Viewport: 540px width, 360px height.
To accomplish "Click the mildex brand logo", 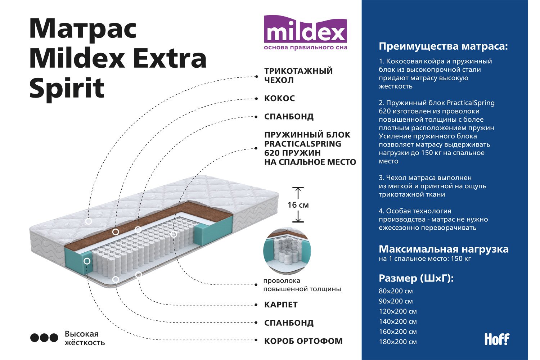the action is (305, 32).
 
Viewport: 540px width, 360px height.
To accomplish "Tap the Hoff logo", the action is (497, 339).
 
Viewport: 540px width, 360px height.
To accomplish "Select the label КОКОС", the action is (279, 98).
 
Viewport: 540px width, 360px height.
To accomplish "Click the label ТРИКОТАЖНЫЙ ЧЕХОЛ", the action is (298, 75).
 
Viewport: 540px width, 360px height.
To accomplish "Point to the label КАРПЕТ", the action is (281, 305).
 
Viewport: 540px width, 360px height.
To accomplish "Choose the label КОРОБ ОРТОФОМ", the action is (303, 341).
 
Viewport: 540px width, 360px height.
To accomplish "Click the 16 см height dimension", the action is (298, 205).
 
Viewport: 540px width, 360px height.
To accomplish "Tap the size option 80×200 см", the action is (396, 291).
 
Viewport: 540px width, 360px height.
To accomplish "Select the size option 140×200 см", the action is (398, 321).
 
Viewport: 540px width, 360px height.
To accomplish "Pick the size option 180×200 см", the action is (398, 342).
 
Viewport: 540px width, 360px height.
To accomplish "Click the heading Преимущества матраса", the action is (443, 46).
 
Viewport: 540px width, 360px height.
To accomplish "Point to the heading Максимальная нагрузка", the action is (444, 249).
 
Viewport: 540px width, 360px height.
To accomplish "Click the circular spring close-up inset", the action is (287, 251).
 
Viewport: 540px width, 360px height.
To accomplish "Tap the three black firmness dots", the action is (44, 338).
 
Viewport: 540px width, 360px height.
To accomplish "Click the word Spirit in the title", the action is (67, 88).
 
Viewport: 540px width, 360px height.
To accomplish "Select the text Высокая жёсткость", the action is (85, 338).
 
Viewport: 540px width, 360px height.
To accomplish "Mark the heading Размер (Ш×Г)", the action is (416, 279).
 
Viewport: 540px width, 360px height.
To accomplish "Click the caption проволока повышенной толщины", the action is (302, 285).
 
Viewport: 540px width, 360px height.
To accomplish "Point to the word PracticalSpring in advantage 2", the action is (471, 103).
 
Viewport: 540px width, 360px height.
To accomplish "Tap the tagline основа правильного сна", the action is (305, 47).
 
